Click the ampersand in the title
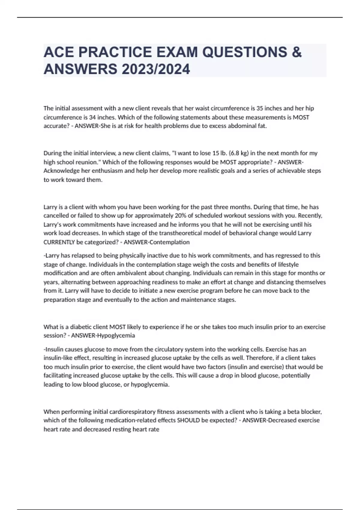point(296,52)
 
